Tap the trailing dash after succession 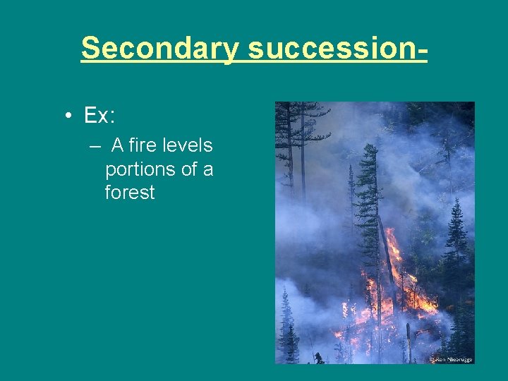click(x=422, y=48)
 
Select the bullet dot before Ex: click(x=65, y=115)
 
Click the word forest click(x=129, y=193)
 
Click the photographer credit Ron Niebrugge click(x=452, y=359)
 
